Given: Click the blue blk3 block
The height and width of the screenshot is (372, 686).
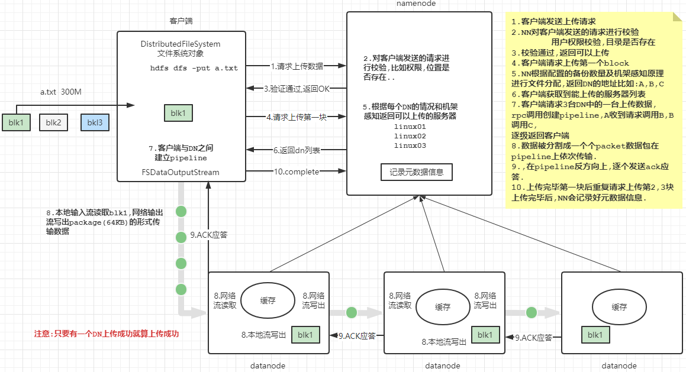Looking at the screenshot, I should pyautogui.click(x=95, y=123).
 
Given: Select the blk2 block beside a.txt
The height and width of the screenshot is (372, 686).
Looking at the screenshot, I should pyautogui.click(x=54, y=123).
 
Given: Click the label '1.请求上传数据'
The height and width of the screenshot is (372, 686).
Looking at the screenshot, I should pyautogui.click(x=297, y=66).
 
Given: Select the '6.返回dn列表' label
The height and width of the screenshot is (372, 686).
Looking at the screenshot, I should pyautogui.click(x=297, y=151).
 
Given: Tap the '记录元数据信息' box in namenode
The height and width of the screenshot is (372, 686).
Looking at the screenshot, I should pyautogui.click(x=417, y=173).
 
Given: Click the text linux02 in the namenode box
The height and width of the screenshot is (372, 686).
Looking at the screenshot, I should pyautogui.click(x=410, y=136).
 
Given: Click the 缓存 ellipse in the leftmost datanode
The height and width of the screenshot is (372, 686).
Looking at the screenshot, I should pyautogui.click(x=268, y=300).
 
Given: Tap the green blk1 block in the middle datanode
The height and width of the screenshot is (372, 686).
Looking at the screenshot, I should pyautogui.click(x=485, y=335).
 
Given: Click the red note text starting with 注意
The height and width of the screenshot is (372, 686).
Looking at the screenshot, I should pyautogui.click(x=107, y=334).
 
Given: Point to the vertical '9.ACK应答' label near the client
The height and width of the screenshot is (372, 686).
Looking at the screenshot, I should pyautogui.click(x=209, y=235).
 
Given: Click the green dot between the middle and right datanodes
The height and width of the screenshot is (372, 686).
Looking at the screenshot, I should pyautogui.click(x=531, y=312).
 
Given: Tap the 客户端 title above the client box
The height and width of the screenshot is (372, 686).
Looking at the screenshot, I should pyautogui.click(x=181, y=21).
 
